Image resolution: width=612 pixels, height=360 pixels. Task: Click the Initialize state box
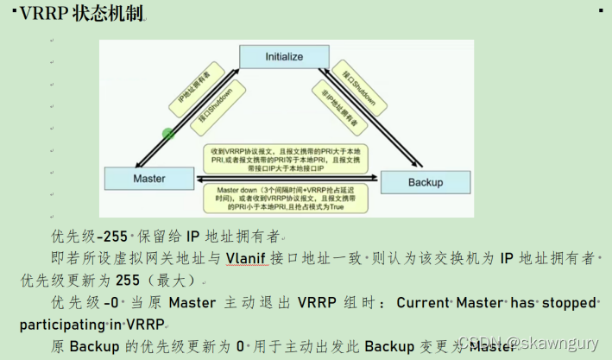pyautogui.click(x=284, y=56)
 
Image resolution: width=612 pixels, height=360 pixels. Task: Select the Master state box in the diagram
pyautogui.click(x=149, y=179)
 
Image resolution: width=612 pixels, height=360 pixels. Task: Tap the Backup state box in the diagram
pyautogui.click(x=425, y=182)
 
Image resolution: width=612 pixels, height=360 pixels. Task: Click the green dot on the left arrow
pyautogui.click(x=168, y=134)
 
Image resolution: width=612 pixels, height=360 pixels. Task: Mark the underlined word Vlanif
pyautogui.click(x=249, y=257)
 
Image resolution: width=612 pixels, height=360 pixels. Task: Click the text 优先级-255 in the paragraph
pyautogui.click(x=88, y=236)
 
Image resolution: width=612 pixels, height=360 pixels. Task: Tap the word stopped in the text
pyautogui.click(x=566, y=303)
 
